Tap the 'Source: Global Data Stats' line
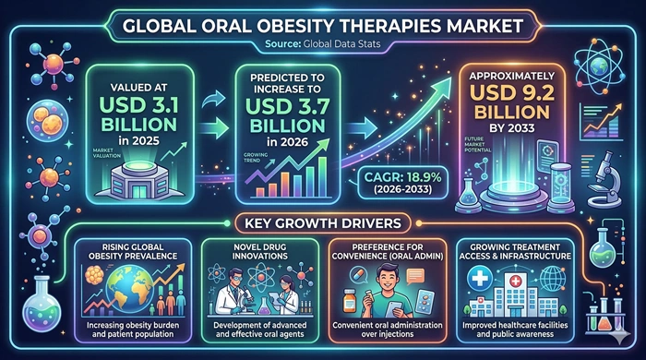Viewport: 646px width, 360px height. click(324, 42)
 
